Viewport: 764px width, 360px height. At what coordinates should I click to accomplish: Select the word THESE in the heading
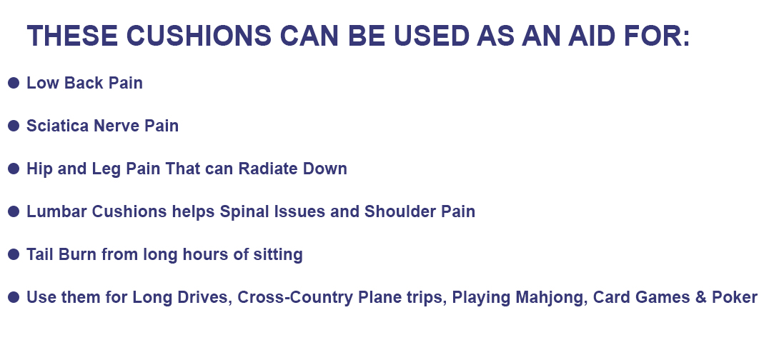tap(72, 36)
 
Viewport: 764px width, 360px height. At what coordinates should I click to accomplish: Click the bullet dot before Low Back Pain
tap(13, 83)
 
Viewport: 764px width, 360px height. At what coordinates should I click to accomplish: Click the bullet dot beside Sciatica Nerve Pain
tap(13, 126)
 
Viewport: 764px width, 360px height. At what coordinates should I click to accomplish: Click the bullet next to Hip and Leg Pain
tap(13, 169)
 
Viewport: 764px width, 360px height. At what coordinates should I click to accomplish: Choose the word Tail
tap(40, 254)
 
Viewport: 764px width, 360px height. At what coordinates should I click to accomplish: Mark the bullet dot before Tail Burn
tap(13, 254)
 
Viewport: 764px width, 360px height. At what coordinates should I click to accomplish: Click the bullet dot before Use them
tap(13, 297)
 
